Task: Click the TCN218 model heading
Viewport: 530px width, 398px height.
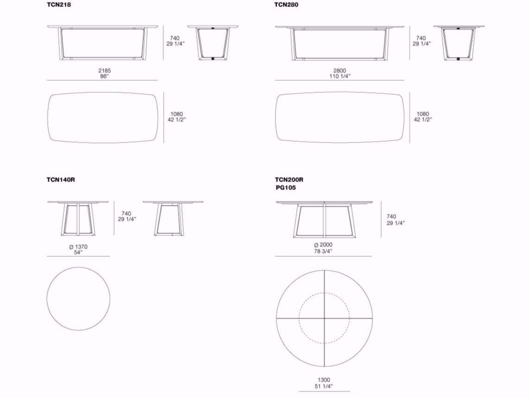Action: point(59,5)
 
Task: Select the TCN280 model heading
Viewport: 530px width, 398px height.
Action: point(286,5)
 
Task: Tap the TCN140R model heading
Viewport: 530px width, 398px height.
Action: point(61,180)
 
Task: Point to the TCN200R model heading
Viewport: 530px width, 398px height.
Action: point(289,180)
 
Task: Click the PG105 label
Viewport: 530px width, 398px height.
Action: point(286,188)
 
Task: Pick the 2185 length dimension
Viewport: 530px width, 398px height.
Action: point(104,71)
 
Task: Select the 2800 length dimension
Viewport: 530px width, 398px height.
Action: point(340,71)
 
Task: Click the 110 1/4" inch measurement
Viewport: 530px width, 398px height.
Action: point(340,77)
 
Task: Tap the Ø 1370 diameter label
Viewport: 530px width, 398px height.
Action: point(78,247)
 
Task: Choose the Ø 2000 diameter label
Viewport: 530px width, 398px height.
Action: point(323,245)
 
